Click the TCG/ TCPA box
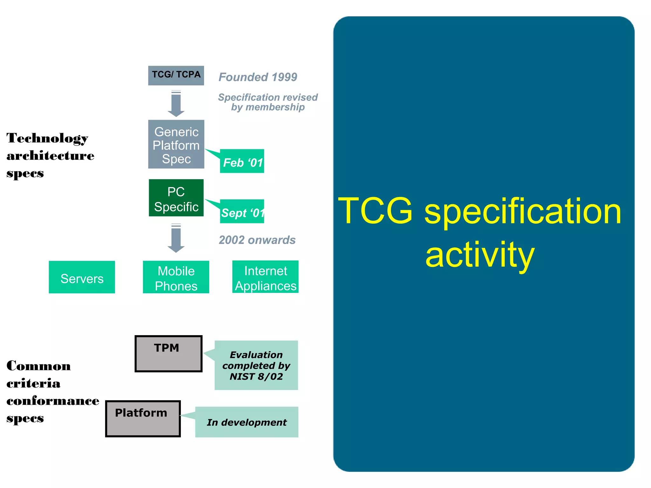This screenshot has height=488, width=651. (176, 75)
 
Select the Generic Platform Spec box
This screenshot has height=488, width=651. (176, 144)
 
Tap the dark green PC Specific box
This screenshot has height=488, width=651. (176, 198)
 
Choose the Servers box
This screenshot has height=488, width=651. (82, 277)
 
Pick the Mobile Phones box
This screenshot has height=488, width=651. (176, 277)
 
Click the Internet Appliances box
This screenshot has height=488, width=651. (265, 277)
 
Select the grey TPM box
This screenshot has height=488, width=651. (168, 354)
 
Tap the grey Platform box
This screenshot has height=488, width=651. (143, 419)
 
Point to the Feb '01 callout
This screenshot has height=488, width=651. (242, 161)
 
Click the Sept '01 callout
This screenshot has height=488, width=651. (242, 212)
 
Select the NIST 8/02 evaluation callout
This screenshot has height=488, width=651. (256, 365)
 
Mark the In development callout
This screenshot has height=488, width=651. (247, 422)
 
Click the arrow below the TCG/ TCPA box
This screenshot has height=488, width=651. (176, 104)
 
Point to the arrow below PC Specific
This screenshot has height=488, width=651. (176, 238)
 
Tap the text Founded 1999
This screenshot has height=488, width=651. (257, 77)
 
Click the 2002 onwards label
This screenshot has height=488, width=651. (257, 240)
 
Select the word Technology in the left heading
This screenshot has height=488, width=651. (47, 139)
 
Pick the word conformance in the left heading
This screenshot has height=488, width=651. (53, 401)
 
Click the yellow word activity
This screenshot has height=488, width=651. (480, 255)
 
